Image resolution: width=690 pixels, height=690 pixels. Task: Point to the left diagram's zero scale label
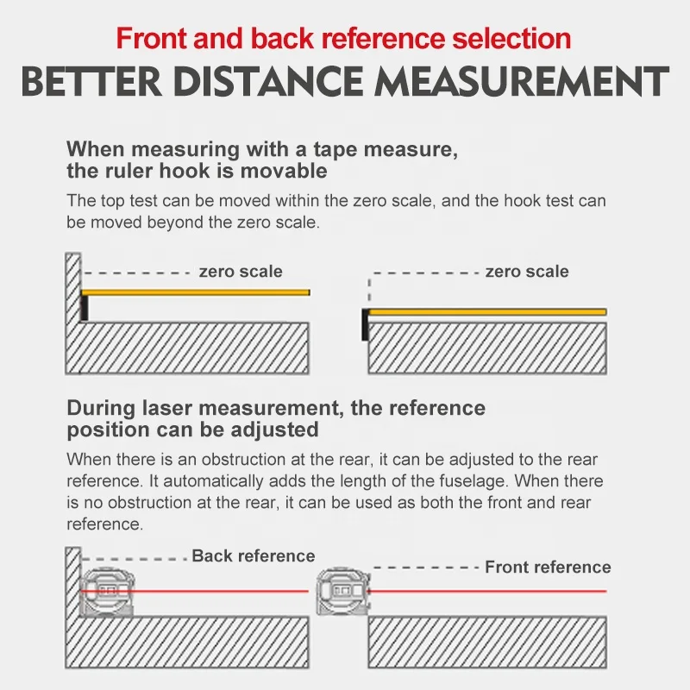(x=241, y=272)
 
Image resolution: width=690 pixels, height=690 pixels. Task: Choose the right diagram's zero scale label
(x=527, y=272)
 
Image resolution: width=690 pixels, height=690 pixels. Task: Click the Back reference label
(x=254, y=556)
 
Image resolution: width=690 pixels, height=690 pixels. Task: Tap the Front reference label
(x=548, y=568)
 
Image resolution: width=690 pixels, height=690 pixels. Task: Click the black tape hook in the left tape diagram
(x=85, y=307)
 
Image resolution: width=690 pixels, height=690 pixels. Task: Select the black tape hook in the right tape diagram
(x=366, y=323)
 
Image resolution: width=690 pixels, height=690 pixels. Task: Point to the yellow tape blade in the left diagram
(x=198, y=293)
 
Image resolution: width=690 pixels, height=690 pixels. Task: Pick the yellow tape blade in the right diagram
(x=487, y=311)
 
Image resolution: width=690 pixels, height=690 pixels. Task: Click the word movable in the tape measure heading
(x=285, y=171)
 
